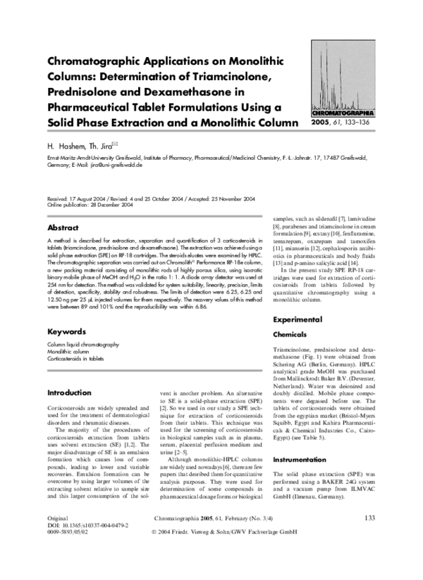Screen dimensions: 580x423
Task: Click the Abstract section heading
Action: pos(63,228)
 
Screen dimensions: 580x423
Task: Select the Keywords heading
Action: pos(66,331)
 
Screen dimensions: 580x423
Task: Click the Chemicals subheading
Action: pos(290,335)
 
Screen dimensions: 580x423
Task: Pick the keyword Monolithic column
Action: pos(66,350)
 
